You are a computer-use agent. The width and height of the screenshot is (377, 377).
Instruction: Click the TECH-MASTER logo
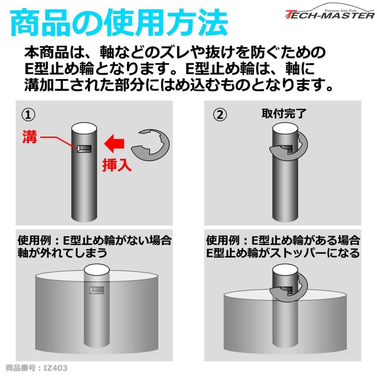pos(329,13)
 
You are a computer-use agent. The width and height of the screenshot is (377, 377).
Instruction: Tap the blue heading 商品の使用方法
pos(119,23)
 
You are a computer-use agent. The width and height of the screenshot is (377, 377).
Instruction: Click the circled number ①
pos(28,115)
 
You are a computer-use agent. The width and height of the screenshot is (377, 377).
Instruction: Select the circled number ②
pos(220,115)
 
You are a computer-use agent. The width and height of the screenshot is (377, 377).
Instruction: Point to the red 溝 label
pos(30,137)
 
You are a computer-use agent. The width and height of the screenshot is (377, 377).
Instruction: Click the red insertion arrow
pos(114,144)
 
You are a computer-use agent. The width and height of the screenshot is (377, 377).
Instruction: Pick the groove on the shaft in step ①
pos(84,149)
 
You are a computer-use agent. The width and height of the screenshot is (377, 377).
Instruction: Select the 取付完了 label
pos(284,114)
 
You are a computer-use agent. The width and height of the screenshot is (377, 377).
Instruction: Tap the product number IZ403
pos(36,368)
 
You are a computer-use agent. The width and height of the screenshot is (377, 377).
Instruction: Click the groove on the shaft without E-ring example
pos(97,290)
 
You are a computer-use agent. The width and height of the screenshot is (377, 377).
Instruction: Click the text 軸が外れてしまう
pos(62,253)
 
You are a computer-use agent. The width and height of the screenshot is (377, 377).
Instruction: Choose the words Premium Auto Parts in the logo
pos(341,10)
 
